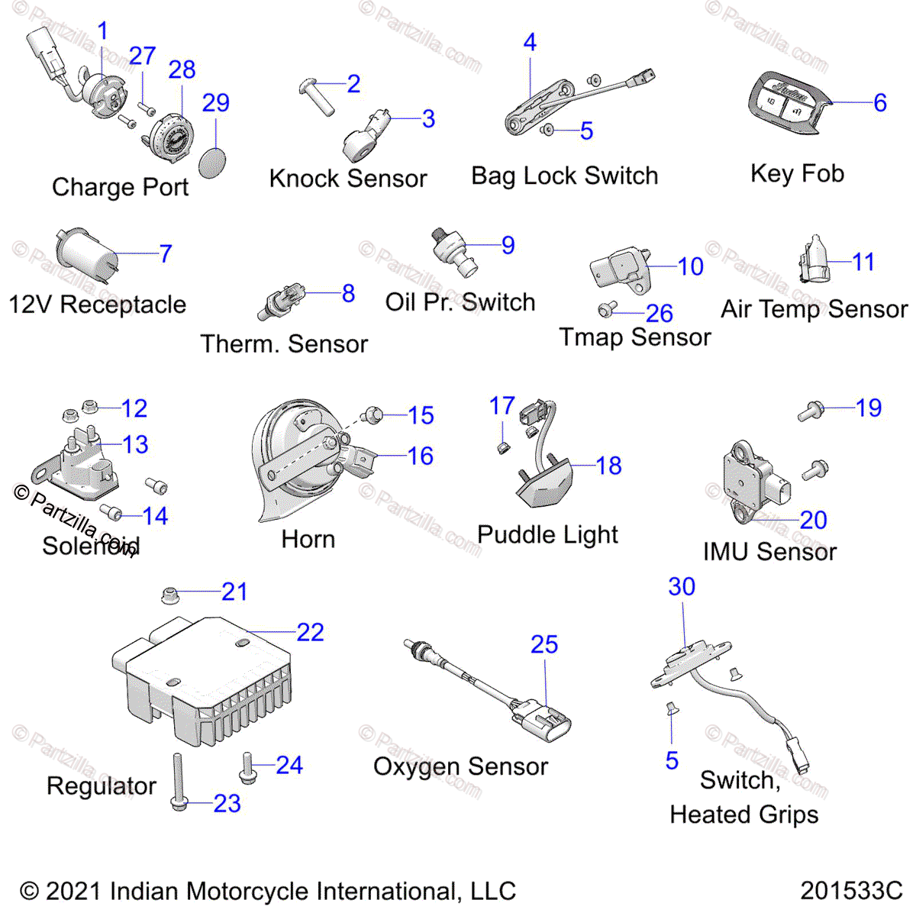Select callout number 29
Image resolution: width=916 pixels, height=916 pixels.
click(x=216, y=103)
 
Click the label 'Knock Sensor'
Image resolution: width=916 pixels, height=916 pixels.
click(x=348, y=179)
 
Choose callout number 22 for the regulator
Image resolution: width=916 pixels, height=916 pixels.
click(x=310, y=632)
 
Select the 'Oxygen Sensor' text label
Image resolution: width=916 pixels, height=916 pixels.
click(x=460, y=766)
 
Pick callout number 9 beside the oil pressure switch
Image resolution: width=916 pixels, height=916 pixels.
click(x=508, y=245)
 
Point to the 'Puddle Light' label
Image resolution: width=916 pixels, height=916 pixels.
click(x=547, y=534)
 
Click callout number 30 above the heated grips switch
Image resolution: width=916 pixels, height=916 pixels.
click(x=682, y=586)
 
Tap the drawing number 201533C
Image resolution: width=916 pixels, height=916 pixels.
click(x=851, y=891)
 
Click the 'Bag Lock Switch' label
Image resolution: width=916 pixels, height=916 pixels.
click(x=564, y=176)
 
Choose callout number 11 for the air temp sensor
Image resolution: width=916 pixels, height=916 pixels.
click(x=863, y=262)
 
